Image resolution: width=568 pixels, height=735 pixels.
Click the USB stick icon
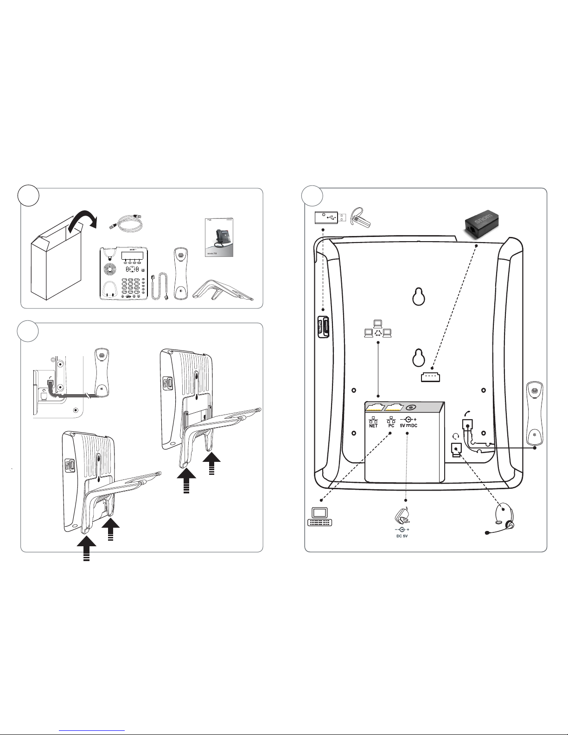[330, 217]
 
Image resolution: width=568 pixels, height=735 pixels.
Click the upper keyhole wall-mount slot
[419, 297]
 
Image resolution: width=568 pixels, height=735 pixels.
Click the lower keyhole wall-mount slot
[419, 358]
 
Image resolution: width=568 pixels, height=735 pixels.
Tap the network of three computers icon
[379, 328]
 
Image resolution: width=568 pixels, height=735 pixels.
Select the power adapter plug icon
[401, 515]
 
